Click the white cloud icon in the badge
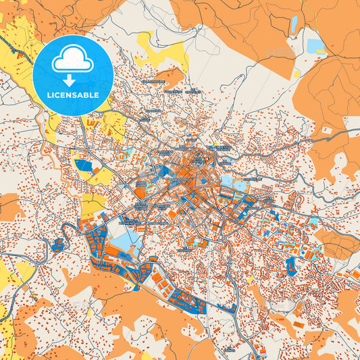[72, 61]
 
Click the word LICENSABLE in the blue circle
[72, 95]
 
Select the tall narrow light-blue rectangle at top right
[294, 24]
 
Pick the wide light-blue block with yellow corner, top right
[315, 46]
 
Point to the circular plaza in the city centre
[198, 159]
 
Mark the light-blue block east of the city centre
[241, 182]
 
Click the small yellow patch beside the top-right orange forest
[295, 73]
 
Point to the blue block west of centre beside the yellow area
[86, 165]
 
